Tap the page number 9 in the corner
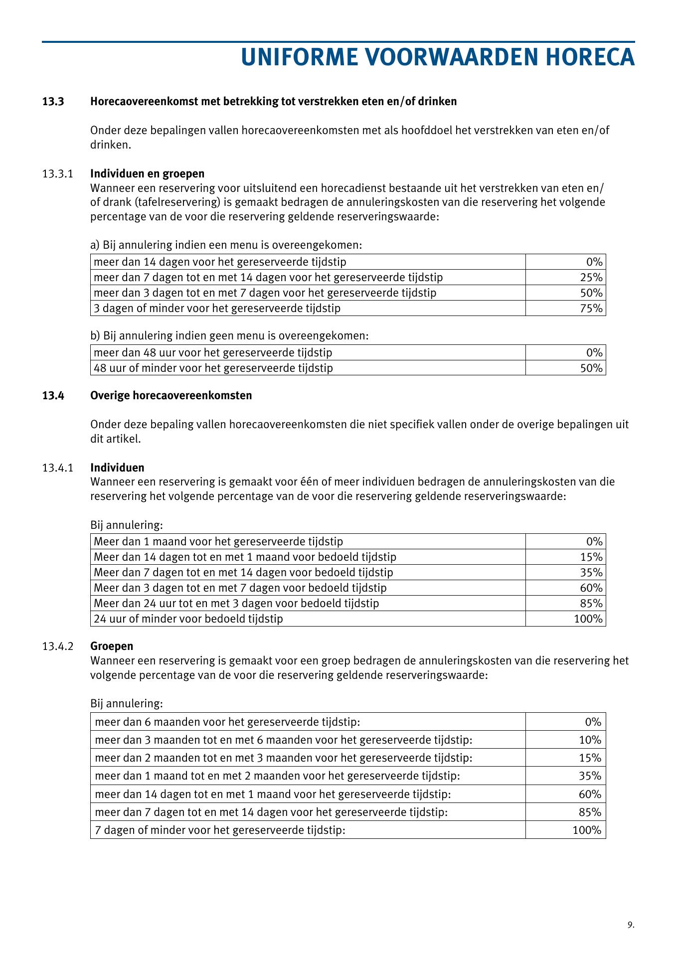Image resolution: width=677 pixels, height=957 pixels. click(x=631, y=925)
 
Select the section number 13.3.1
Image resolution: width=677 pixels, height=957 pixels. click(x=58, y=174)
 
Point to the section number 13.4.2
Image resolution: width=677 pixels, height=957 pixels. click(x=58, y=646)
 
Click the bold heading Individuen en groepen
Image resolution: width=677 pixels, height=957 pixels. click(x=147, y=174)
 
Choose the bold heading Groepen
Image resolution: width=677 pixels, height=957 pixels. click(x=112, y=646)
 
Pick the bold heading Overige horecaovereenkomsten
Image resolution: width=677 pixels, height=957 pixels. click(x=171, y=396)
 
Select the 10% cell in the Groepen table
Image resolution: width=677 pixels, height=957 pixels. click(x=590, y=740)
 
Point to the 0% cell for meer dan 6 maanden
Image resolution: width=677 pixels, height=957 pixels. click(x=593, y=722)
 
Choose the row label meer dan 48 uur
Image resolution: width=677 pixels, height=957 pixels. click(x=213, y=353)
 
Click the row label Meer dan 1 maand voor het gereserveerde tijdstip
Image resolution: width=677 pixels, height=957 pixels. click(x=218, y=542)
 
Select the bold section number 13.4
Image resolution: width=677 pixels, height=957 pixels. click(x=53, y=396)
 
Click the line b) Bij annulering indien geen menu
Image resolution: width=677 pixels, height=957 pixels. click(x=229, y=336)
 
